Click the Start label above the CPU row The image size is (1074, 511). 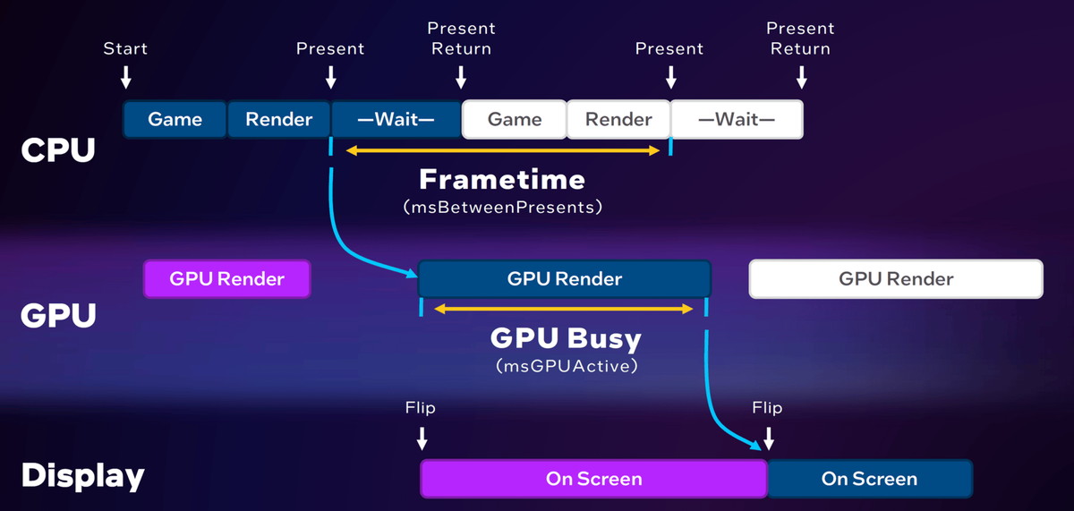tap(126, 48)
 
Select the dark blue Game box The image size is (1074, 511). tap(175, 119)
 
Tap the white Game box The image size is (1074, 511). tap(515, 119)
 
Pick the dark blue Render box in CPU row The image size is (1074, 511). tap(279, 119)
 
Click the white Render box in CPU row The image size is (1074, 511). tap(618, 119)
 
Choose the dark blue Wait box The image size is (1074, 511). tap(396, 119)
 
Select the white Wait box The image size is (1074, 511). tap(737, 119)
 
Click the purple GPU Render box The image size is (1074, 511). tap(227, 278)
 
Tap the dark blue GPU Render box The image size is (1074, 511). tap(564, 278)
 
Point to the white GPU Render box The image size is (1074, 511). tap(896, 278)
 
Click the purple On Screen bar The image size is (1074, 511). tap(593, 479)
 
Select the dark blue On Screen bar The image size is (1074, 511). tap(869, 479)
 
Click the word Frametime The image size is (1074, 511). tap(502, 180)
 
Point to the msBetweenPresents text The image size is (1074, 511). tap(501, 207)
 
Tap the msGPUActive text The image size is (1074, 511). tap(565, 366)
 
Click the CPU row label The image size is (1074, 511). tap(57, 150)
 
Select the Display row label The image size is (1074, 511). tap(82, 476)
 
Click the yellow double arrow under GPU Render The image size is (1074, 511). tap(564, 309)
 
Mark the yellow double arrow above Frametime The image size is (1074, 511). tap(502, 150)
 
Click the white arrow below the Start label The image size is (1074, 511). tap(126, 77)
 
